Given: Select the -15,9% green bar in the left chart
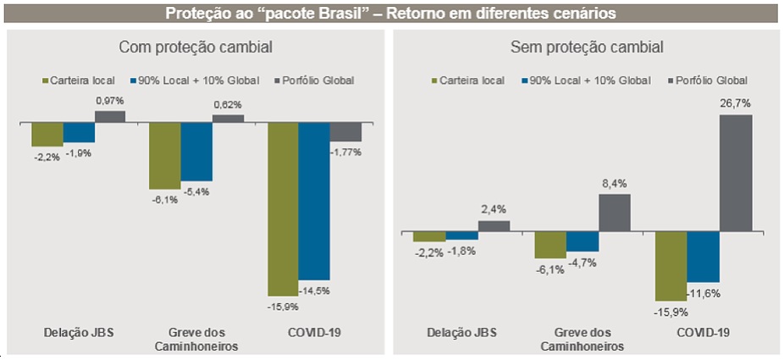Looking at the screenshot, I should pyautogui.click(x=283, y=208).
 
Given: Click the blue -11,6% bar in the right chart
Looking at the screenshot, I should pyautogui.click(x=703, y=257).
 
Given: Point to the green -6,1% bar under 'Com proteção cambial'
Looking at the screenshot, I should pyautogui.click(x=164, y=156).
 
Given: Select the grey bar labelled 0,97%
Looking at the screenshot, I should pyautogui.click(x=110, y=117).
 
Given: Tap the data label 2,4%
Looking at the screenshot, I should pyautogui.click(x=494, y=208).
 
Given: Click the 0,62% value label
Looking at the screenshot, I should pyautogui.click(x=228, y=104).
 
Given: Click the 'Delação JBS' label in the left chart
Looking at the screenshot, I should pyautogui.click(x=79, y=331).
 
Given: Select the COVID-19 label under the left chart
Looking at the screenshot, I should pyautogui.click(x=314, y=331).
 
